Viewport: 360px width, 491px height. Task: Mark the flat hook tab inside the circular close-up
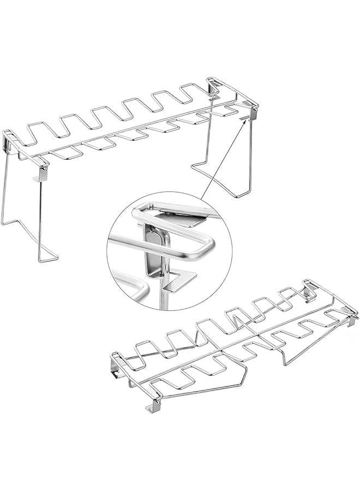179,279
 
